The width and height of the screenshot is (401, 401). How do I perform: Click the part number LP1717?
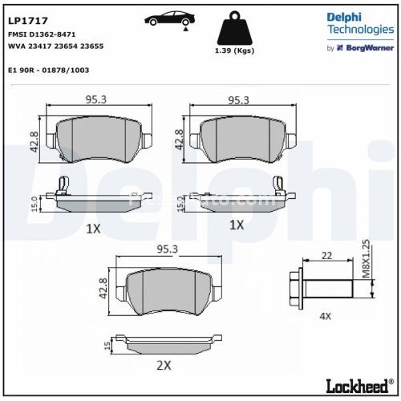click(26, 12)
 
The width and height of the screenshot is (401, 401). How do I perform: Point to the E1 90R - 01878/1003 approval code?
click(48, 70)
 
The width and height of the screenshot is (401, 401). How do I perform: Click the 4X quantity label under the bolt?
click(325, 316)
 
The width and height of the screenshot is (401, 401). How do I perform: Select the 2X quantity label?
click(164, 365)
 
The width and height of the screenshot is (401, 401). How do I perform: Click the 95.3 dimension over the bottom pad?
click(168, 249)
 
